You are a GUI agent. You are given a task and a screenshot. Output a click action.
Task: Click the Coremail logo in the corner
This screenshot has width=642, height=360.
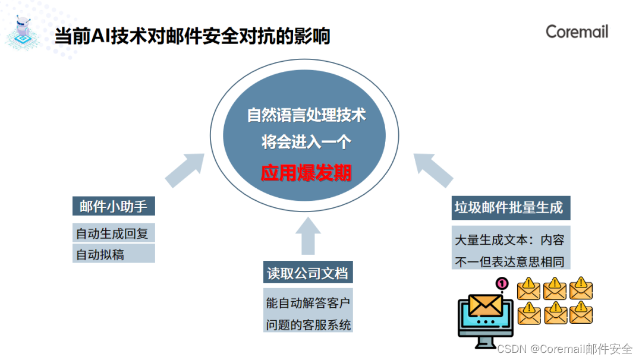[577, 31]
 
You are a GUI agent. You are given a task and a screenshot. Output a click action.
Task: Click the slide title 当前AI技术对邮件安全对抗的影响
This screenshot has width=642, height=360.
[192, 37]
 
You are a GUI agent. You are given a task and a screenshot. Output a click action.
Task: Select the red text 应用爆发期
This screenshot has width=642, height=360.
[306, 173]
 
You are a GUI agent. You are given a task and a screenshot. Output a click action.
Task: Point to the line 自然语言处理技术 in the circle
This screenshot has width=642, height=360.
[306, 115]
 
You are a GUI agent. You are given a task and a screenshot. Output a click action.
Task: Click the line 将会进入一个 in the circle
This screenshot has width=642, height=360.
[306, 143]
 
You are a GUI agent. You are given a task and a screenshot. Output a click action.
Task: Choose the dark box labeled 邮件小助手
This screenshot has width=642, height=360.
[113, 206]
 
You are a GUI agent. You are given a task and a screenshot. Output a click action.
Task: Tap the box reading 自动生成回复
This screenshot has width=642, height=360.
[113, 233]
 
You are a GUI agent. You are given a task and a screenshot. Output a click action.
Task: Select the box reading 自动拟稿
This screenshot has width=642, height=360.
[113, 254]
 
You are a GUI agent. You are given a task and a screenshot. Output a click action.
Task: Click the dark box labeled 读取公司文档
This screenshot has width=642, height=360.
[308, 273]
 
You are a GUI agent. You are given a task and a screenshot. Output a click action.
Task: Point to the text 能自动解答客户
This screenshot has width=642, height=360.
[308, 303]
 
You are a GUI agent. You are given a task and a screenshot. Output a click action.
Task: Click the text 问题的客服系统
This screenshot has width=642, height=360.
[308, 325]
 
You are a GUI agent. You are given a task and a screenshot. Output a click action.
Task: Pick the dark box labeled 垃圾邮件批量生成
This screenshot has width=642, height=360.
[509, 207]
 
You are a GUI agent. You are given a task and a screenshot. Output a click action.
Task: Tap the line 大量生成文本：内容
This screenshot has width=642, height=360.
[510, 241]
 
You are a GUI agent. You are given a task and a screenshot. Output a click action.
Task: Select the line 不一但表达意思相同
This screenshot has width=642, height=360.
[510, 261]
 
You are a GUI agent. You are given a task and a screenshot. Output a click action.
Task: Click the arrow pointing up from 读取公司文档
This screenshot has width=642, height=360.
[307, 236]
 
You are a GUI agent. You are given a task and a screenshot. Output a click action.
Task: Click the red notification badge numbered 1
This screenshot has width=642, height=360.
[502, 284]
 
